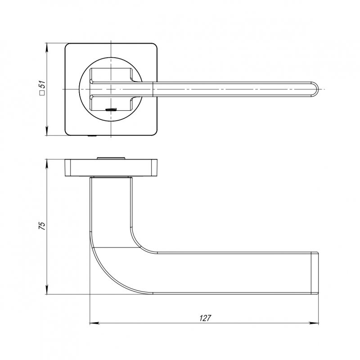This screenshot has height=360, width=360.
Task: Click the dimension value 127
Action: coord(205,318)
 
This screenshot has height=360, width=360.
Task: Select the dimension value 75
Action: coord(42,226)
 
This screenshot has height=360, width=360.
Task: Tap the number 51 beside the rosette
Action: coord(42,85)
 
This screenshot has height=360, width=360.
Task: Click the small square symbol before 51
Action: coord(42,93)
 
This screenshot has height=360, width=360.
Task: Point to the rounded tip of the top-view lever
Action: coord(315,89)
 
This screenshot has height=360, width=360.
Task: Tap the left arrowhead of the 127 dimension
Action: coord(94,323)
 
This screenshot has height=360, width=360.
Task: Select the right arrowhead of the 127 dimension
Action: coord(314,323)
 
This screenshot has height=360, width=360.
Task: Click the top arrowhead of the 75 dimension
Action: coord(47,164)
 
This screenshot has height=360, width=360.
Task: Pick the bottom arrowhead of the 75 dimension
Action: coord(47,289)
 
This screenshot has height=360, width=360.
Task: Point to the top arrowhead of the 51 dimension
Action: coord(47,48)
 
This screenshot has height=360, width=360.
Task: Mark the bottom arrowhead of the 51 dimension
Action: coord(47,130)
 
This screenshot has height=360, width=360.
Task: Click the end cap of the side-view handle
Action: coord(315,273)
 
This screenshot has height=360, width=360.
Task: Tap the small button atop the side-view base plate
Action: coord(111,158)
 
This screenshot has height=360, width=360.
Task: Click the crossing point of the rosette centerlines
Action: coord(111,89)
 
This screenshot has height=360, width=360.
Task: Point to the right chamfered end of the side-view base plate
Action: coord(154,167)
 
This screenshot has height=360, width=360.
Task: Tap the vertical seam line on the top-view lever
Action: coord(153,89)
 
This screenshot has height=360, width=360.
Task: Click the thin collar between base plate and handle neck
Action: coord(111,177)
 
